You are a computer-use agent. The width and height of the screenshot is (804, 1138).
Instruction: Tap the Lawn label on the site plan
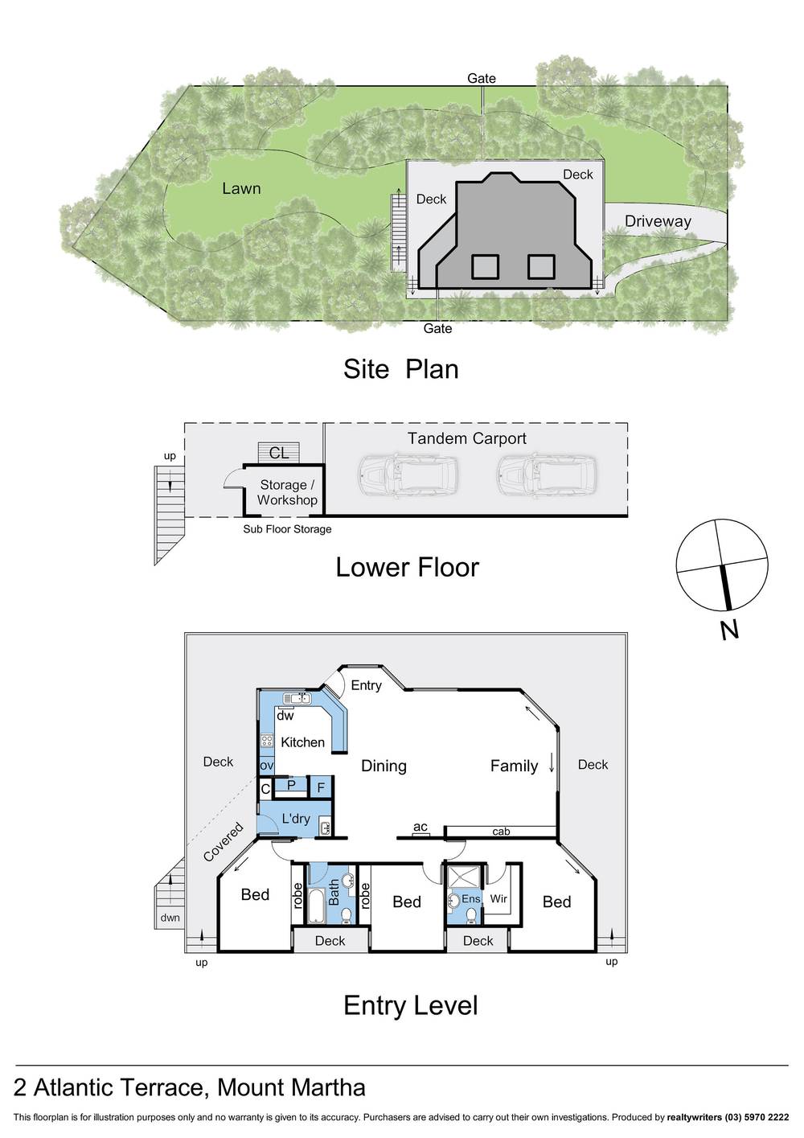point(241,188)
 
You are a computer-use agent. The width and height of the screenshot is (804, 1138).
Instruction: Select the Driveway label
point(658,221)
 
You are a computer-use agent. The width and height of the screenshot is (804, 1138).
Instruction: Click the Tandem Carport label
point(466,438)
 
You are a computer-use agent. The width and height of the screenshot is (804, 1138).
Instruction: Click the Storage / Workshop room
point(287,492)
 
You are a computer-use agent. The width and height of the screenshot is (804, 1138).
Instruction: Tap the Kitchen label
point(302,742)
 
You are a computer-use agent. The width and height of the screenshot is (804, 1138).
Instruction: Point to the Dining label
point(384,766)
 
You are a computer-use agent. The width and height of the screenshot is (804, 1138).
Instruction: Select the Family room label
point(514,766)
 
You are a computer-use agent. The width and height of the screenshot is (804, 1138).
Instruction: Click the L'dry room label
point(295,819)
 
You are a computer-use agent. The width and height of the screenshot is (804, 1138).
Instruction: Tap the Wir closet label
point(498,898)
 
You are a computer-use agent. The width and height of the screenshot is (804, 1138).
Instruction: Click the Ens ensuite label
point(470,898)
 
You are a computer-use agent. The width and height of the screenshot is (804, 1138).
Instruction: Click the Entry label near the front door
point(366,685)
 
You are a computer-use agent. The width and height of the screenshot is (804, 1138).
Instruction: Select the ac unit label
point(420,827)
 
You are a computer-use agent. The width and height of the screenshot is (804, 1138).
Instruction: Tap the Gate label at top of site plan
point(482,78)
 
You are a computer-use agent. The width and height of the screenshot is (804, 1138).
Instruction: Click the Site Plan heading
point(400,369)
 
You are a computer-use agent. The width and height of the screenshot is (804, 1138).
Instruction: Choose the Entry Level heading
point(410,1005)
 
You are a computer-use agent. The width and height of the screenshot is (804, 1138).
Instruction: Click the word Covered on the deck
point(223,842)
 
